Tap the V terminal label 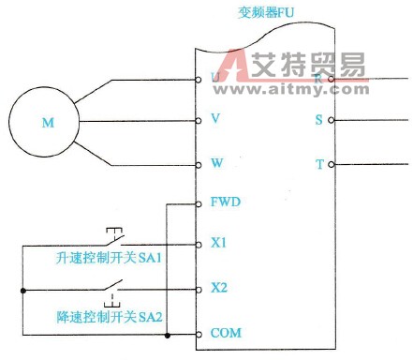(x=216, y=119)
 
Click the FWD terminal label (x=223, y=202)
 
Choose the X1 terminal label (x=219, y=243)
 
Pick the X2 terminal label (x=219, y=287)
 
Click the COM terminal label (x=224, y=333)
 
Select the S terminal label (x=319, y=120)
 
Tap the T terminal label (x=319, y=164)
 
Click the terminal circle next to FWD (x=199, y=202)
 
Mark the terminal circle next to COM (x=199, y=333)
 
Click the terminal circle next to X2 (x=199, y=287)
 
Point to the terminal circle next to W (x=199, y=164)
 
